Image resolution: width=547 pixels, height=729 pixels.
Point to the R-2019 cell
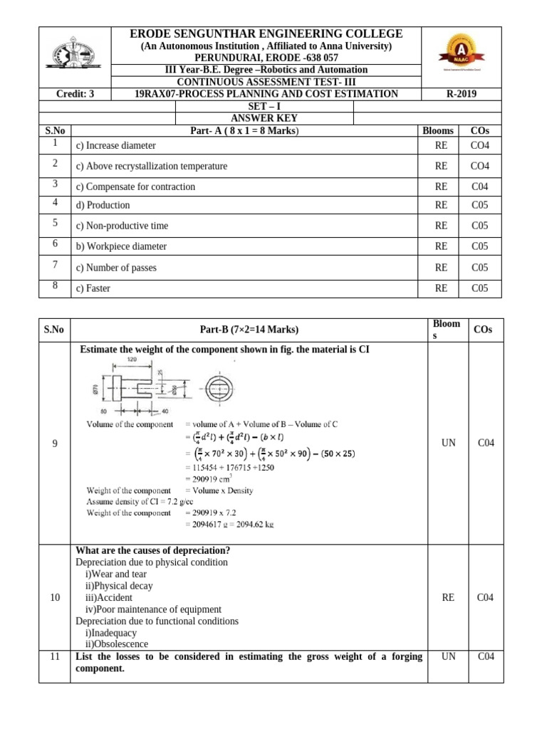pos(462,93)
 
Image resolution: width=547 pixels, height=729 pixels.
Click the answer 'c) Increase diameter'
pos(115,146)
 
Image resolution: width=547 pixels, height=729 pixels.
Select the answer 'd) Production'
pos(103,205)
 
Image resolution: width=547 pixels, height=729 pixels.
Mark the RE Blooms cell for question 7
pos(442,268)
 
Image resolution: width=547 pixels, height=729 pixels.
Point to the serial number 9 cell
pos(55,443)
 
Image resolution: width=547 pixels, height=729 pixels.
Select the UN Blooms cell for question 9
pos(448,443)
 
